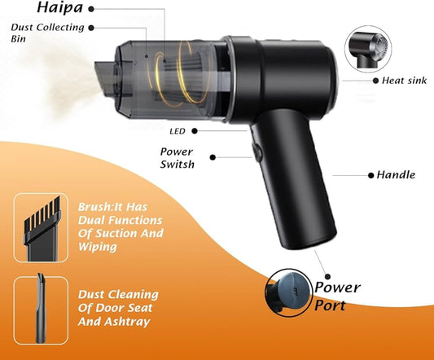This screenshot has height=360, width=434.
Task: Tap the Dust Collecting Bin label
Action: pyautogui.click(x=47, y=33)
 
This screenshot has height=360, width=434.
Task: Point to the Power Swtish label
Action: pyautogui.click(x=177, y=157)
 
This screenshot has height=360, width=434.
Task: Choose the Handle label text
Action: pyautogui.click(x=396, y=174)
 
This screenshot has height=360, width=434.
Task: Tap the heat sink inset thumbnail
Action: pyautogui.click(x=370, y=48)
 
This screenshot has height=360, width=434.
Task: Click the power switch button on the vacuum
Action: pyautogui.click(x=255, y=153)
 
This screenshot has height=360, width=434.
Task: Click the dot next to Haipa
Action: pyautogui.click(x=90, y=7)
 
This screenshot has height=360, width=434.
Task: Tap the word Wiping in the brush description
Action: pyautogui.click(x=99, y=247)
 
